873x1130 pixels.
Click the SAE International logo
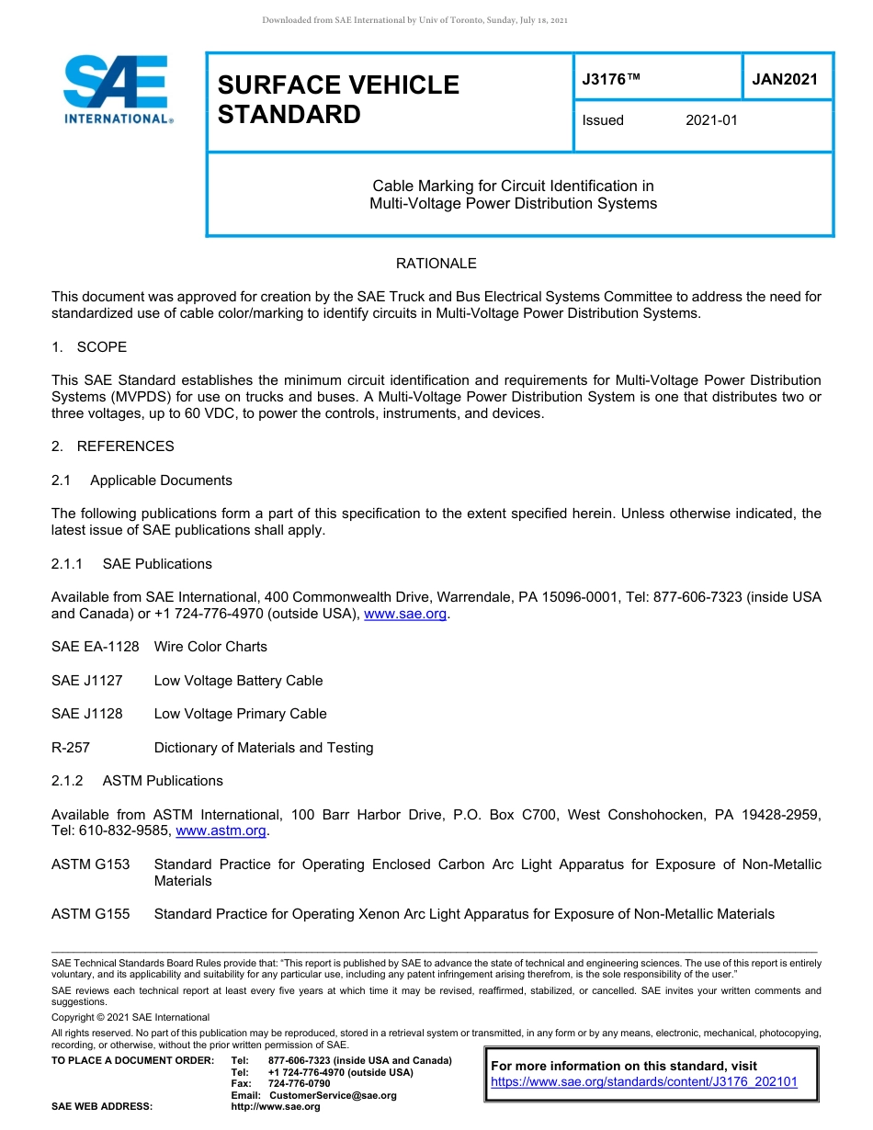click(118, 90)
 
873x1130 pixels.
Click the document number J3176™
click(610, 79)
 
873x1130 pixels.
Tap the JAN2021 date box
click(785, 79)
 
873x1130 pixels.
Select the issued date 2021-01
click(711, 120)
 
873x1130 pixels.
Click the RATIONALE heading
click(436, 264)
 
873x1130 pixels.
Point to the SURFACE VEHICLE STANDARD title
click(338, 99)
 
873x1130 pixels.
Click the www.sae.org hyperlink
click(407, 615)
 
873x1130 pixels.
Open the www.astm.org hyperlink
click(221, 831)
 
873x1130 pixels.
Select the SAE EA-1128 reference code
click(96, 647)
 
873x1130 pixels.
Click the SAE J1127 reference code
click(86, 681)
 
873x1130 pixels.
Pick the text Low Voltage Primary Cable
click(240, 714)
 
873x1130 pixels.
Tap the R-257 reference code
click(71, 748)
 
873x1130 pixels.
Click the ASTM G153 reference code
click(91, 864)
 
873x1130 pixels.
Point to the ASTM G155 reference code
click(91, 914)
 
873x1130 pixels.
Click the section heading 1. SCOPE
click(89, 347)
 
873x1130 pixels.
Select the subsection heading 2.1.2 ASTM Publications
click(137, 781)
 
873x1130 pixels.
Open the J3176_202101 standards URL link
click(644, 1082)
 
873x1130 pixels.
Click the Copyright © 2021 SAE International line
click(130, 1017)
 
